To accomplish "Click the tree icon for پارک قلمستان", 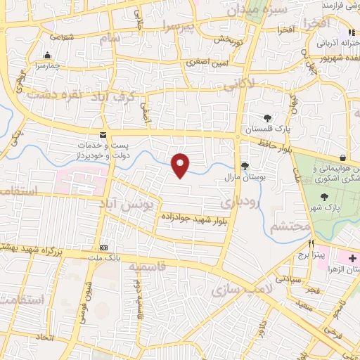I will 266,118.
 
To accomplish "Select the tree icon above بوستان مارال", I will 245,166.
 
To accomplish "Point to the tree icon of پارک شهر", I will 324,197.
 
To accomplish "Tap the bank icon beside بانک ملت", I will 103,247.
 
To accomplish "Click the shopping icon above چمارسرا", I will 47,56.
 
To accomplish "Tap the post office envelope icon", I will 103,134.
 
